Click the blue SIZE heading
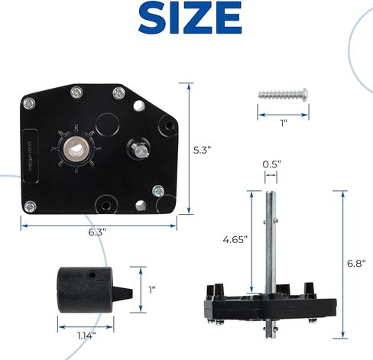190,18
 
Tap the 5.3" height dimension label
202,150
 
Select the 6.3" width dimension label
97,232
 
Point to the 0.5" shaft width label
272,164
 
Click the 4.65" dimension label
235,240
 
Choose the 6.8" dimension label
356,263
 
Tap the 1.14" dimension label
87,336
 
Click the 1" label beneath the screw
284,124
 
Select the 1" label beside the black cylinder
152,290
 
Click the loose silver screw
284,94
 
